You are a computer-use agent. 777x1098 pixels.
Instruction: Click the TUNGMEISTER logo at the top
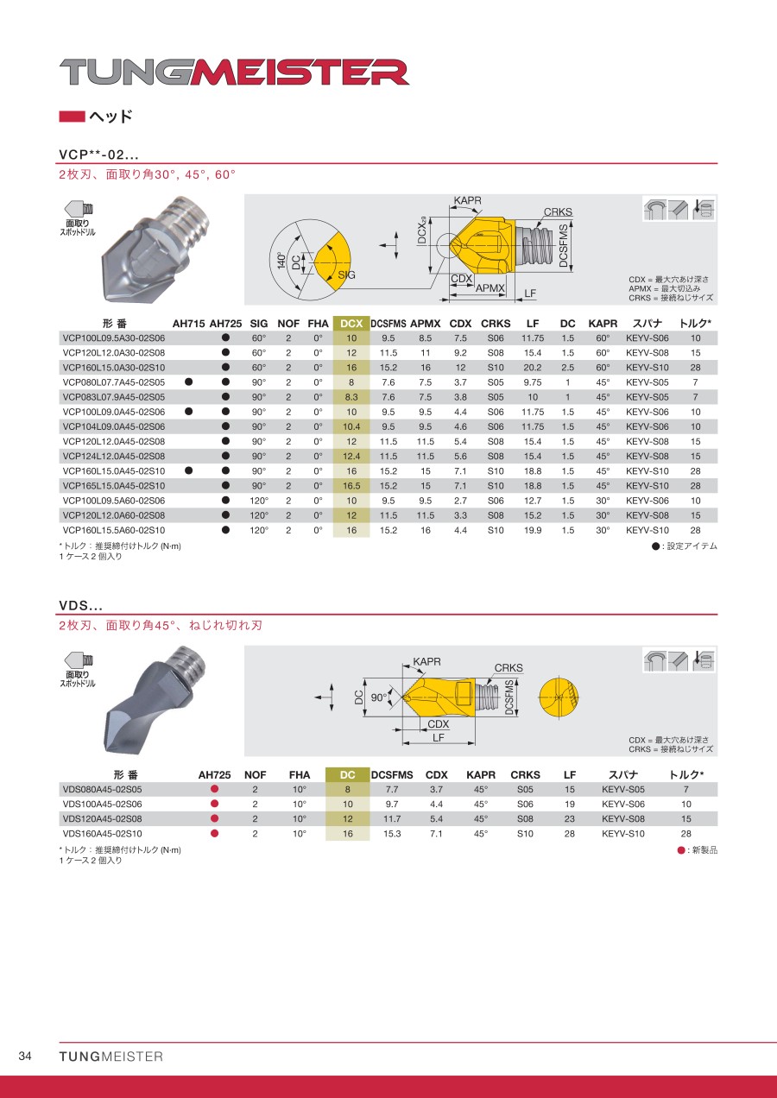tap(234, 73)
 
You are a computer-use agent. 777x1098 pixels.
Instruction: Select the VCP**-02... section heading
tap(98, 155)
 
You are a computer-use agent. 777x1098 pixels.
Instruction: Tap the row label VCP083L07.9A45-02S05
tap(114, 397)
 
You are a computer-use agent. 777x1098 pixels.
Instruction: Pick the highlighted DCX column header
tap(351, 324)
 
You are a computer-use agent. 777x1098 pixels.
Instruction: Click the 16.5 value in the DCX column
tap(351, 486)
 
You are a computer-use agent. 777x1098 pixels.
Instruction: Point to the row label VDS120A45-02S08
tap(103, 818)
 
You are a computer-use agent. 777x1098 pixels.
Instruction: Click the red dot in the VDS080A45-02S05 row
tap(215, 789)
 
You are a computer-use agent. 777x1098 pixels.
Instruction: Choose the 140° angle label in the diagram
tap(281, 262)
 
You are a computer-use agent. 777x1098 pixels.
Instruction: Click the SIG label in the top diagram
tap(346, 274)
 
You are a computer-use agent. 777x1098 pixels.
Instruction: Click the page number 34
tap(25, 1057)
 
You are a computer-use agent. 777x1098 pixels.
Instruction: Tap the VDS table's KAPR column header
tap(481, 775)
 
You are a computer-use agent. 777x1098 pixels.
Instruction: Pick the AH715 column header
tap(188, 324)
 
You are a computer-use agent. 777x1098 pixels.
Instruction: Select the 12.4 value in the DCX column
tap(351, 456)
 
